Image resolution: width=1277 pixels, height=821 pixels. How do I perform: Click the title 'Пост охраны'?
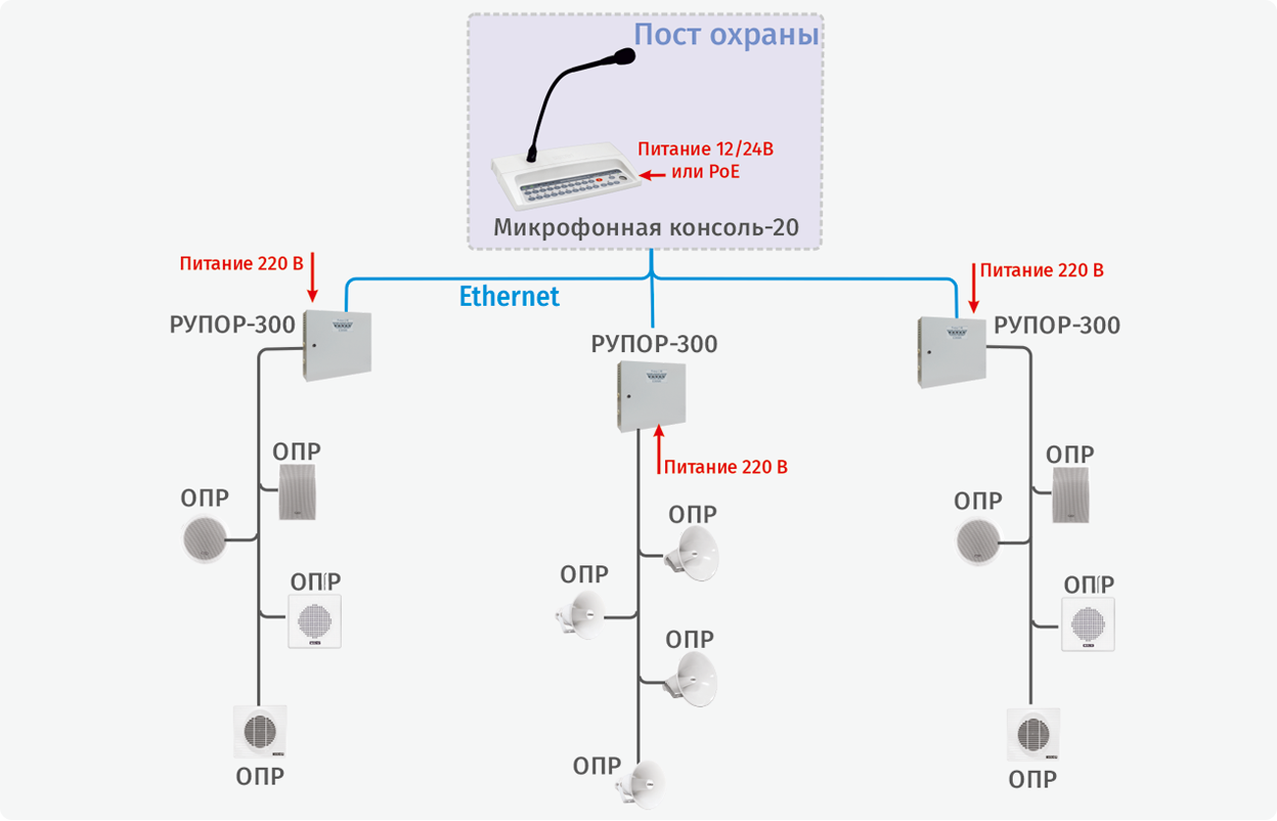tap(726, 35)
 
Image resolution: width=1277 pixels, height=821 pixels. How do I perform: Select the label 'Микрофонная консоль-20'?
tap(645, 229)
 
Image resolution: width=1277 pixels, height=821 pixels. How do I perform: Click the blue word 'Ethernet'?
tap(509, 296)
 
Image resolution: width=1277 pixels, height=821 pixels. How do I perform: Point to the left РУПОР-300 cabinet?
tap(338, 345)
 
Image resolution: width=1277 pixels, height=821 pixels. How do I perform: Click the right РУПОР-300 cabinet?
tap(950, 352)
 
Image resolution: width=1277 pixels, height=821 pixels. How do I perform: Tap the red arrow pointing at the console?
tap(652, 175)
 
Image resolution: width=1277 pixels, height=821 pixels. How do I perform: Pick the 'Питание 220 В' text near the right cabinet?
tap(1041, 269)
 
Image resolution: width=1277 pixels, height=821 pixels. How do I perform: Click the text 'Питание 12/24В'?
tap(712, 149)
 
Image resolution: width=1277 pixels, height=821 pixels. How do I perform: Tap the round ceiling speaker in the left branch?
tap(204, 539)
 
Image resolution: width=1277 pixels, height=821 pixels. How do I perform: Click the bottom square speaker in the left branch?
tap(260, 733)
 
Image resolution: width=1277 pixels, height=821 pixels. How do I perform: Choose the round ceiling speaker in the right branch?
tap(978, 541)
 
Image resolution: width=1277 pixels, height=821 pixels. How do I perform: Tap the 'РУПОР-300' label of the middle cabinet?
tap(654, 345)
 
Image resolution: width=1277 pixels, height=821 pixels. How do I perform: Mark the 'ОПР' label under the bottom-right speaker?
tap(1033, 780)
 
